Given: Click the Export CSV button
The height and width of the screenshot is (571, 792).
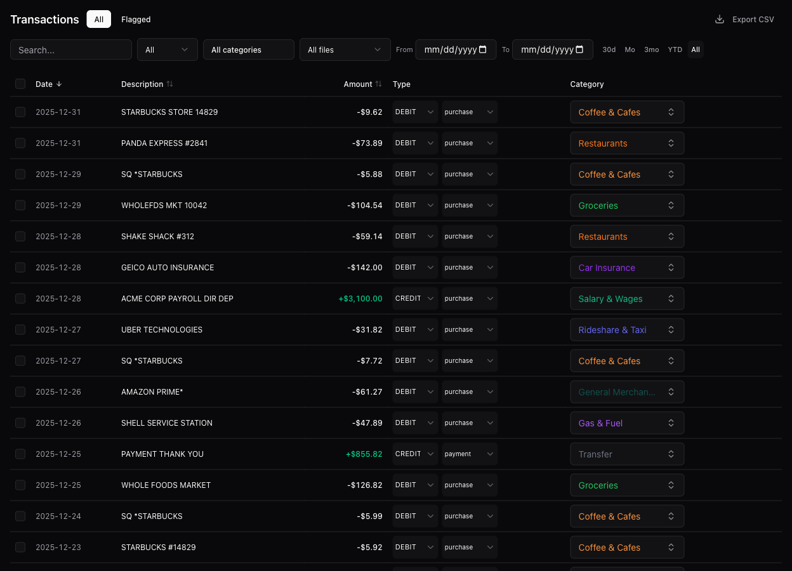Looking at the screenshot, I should [x=744, y=20].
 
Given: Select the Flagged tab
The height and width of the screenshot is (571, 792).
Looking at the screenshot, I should [x=136, y=20].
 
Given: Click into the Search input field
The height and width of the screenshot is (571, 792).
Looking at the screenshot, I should [x=71, y=50].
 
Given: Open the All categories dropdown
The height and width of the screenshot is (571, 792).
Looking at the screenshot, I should [x=248, y=50].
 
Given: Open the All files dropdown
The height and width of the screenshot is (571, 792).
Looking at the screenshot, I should [x=345, y=50].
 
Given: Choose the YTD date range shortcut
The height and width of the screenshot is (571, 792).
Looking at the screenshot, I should [x=675, y=50].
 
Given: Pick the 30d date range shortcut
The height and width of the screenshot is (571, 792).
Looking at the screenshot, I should [x=609, y=50].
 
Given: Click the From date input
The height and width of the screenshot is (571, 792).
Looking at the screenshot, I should [x=455, y=50].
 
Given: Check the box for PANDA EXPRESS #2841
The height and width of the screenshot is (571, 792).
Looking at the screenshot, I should [x=20, y=143].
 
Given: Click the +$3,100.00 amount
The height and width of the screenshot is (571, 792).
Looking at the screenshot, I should [x=360, y=299].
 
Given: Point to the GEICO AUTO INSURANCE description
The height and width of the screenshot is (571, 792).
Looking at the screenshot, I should [x=168, y=268].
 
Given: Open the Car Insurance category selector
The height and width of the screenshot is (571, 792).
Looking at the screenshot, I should [x=626, y=268].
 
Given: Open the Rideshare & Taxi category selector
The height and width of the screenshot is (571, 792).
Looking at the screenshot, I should [x=626, y=330].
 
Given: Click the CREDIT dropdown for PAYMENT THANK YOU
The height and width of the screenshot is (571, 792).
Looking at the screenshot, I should [x=414, y=454].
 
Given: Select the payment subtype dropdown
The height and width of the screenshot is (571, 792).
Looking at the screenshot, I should [x=469, y=454].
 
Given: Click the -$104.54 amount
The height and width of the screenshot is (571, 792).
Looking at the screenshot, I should [x=365, y=206].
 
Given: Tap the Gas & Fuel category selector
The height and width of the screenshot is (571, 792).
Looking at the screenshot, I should [x=626, y=423].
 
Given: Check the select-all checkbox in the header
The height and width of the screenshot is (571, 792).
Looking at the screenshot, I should [x=20, y=84].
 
